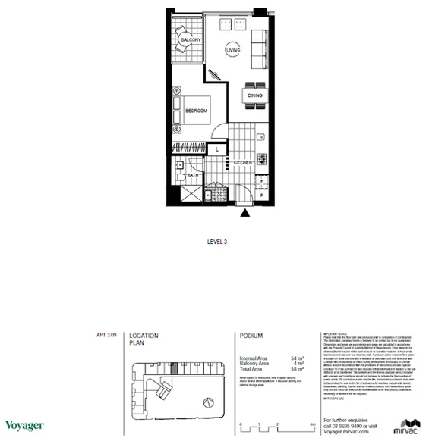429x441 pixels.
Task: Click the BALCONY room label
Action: [189, 39]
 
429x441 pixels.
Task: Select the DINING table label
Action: [255, 95]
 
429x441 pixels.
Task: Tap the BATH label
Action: [192, 177]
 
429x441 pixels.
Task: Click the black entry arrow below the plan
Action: [244, 214]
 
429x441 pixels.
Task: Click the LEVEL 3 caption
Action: [218, 242]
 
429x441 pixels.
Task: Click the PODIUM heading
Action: [250, 336]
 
